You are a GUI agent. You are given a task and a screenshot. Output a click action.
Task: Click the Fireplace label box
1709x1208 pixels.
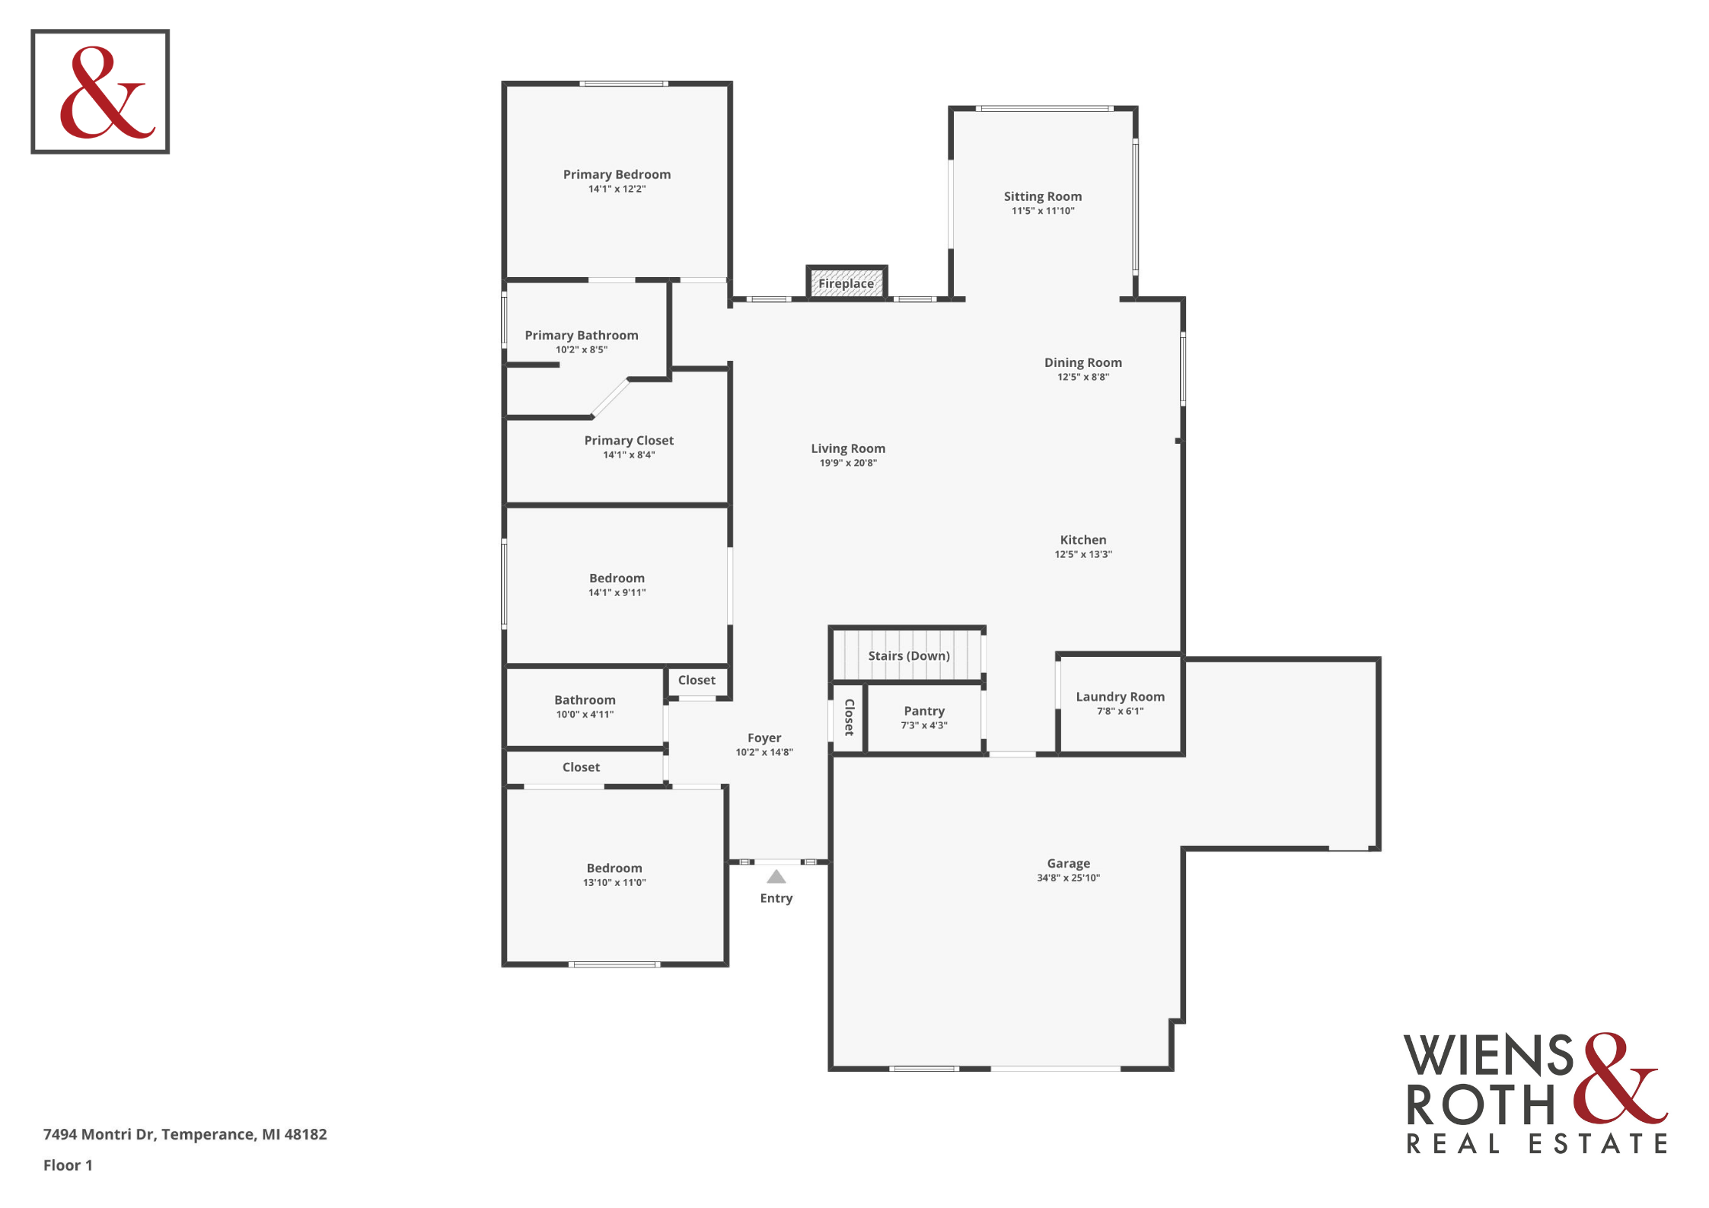(847, 283)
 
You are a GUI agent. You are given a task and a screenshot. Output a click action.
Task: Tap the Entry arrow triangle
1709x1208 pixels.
(776, 876)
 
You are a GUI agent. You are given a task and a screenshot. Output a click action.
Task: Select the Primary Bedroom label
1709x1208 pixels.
(617, 174)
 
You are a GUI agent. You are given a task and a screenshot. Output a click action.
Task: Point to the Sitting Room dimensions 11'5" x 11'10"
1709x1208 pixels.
(1043, 211)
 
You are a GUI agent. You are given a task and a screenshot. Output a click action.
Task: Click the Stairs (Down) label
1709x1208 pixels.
(909, 655)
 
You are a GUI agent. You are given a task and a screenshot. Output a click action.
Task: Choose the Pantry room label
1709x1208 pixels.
(924, 711)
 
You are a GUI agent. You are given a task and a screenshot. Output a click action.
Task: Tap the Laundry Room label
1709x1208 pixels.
(1120, 696)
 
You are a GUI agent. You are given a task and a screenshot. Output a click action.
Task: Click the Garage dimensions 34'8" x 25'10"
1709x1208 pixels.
(1068, 878)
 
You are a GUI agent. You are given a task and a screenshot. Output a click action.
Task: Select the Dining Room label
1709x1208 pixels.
(1082, 362)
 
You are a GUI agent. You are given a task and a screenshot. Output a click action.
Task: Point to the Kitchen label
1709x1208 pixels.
(1082, 540)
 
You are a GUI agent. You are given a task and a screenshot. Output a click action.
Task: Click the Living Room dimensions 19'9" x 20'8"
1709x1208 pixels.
(848, 463)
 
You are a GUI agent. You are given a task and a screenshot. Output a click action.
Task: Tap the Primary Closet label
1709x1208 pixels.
(629, 440)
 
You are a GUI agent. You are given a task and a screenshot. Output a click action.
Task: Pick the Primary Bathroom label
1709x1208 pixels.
(582, 335)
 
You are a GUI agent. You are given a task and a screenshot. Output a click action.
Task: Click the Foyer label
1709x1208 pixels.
(764, 738)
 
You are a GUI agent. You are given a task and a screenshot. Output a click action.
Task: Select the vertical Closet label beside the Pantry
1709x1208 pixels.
(850, 717)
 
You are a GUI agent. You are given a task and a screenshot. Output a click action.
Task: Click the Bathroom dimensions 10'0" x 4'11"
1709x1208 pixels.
(585, 714)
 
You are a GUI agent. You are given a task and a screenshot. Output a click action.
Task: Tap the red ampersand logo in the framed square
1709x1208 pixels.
(107, 92)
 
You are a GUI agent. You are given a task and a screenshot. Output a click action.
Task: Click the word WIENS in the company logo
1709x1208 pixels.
(1488, 1055)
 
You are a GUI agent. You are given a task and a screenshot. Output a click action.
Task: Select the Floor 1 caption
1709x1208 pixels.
(68, 1165)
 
